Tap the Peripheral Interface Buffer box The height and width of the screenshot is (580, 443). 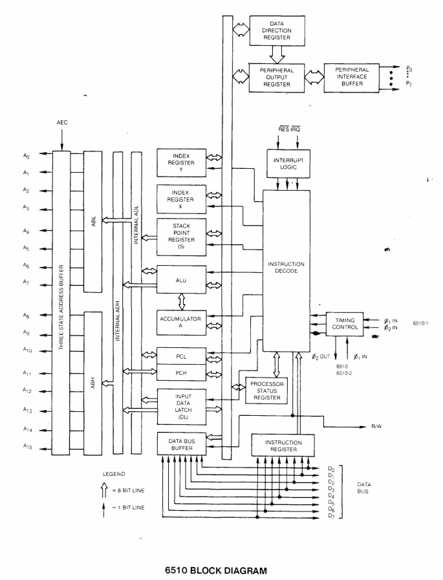[x=351, y=78]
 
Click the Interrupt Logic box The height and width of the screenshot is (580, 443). [x=288, y=164]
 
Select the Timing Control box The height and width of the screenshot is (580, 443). [x=344, y=323]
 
